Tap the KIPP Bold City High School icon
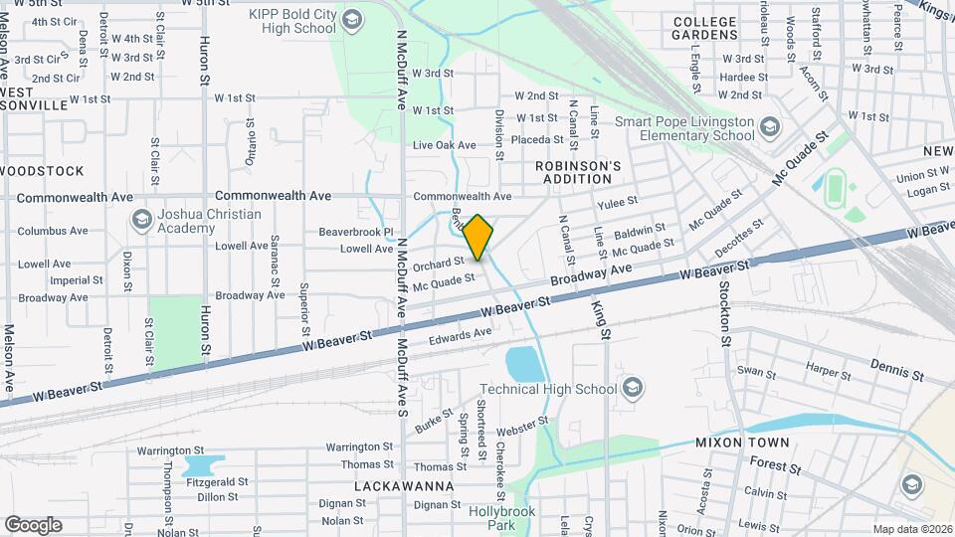(351, 20)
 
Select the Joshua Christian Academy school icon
(141, 220)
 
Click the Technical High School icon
(631, 389)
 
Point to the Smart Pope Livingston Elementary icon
(768, 128)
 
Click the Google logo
(32, 524)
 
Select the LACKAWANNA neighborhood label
(404, 486)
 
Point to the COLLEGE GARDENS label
(718, 28)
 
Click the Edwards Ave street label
(461, 338)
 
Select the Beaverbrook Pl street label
(356, 232)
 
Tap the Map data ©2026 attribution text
(910, 529)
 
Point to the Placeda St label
(537, 139)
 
